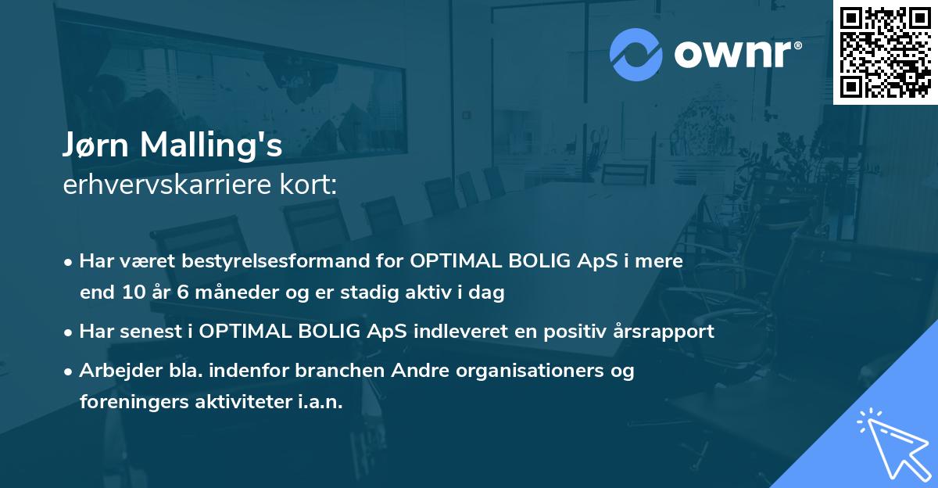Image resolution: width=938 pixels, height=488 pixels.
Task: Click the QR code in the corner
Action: pos(885,52)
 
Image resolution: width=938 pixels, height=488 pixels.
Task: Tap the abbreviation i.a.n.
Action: pos(320,402)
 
